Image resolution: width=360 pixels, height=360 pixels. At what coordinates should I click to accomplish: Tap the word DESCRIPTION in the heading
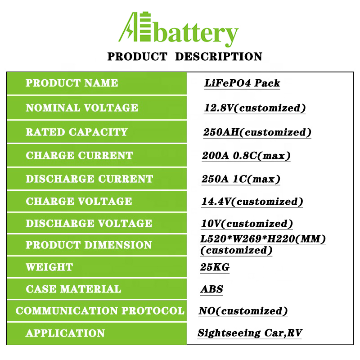point(219,57)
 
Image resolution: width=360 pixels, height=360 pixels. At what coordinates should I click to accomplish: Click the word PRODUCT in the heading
point(137,57)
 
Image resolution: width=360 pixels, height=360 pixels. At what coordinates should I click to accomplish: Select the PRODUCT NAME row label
point(72,83)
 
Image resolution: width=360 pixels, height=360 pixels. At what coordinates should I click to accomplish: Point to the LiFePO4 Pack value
point(242,83)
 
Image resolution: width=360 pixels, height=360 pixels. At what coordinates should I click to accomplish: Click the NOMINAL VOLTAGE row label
point(82,108)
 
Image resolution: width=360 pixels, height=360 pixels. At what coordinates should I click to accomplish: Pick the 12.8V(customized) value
point(255,108)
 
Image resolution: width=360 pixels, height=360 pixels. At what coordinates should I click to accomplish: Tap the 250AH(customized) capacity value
point(257,132)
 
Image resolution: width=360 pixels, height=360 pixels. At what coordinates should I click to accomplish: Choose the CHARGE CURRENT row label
point(80,155)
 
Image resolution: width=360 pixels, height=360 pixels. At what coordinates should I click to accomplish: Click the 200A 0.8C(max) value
point(246,156)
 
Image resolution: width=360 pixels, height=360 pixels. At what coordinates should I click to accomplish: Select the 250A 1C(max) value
point(241,179)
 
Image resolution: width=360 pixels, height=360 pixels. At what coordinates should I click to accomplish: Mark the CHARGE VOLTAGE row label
point(79,201)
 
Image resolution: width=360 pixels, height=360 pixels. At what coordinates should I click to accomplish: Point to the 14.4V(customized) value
point(252,202)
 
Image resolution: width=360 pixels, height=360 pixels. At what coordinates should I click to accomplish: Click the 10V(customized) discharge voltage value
point(247,224)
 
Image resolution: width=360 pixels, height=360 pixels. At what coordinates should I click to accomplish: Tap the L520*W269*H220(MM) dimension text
point(263,239)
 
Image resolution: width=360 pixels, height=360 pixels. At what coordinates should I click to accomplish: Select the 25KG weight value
point(215,267)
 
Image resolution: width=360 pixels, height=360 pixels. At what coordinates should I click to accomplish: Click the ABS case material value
point(211,289)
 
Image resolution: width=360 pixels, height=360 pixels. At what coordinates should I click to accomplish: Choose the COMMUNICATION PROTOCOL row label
point(100,310)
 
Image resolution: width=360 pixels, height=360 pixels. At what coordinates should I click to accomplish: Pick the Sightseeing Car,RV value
point(250,333)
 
